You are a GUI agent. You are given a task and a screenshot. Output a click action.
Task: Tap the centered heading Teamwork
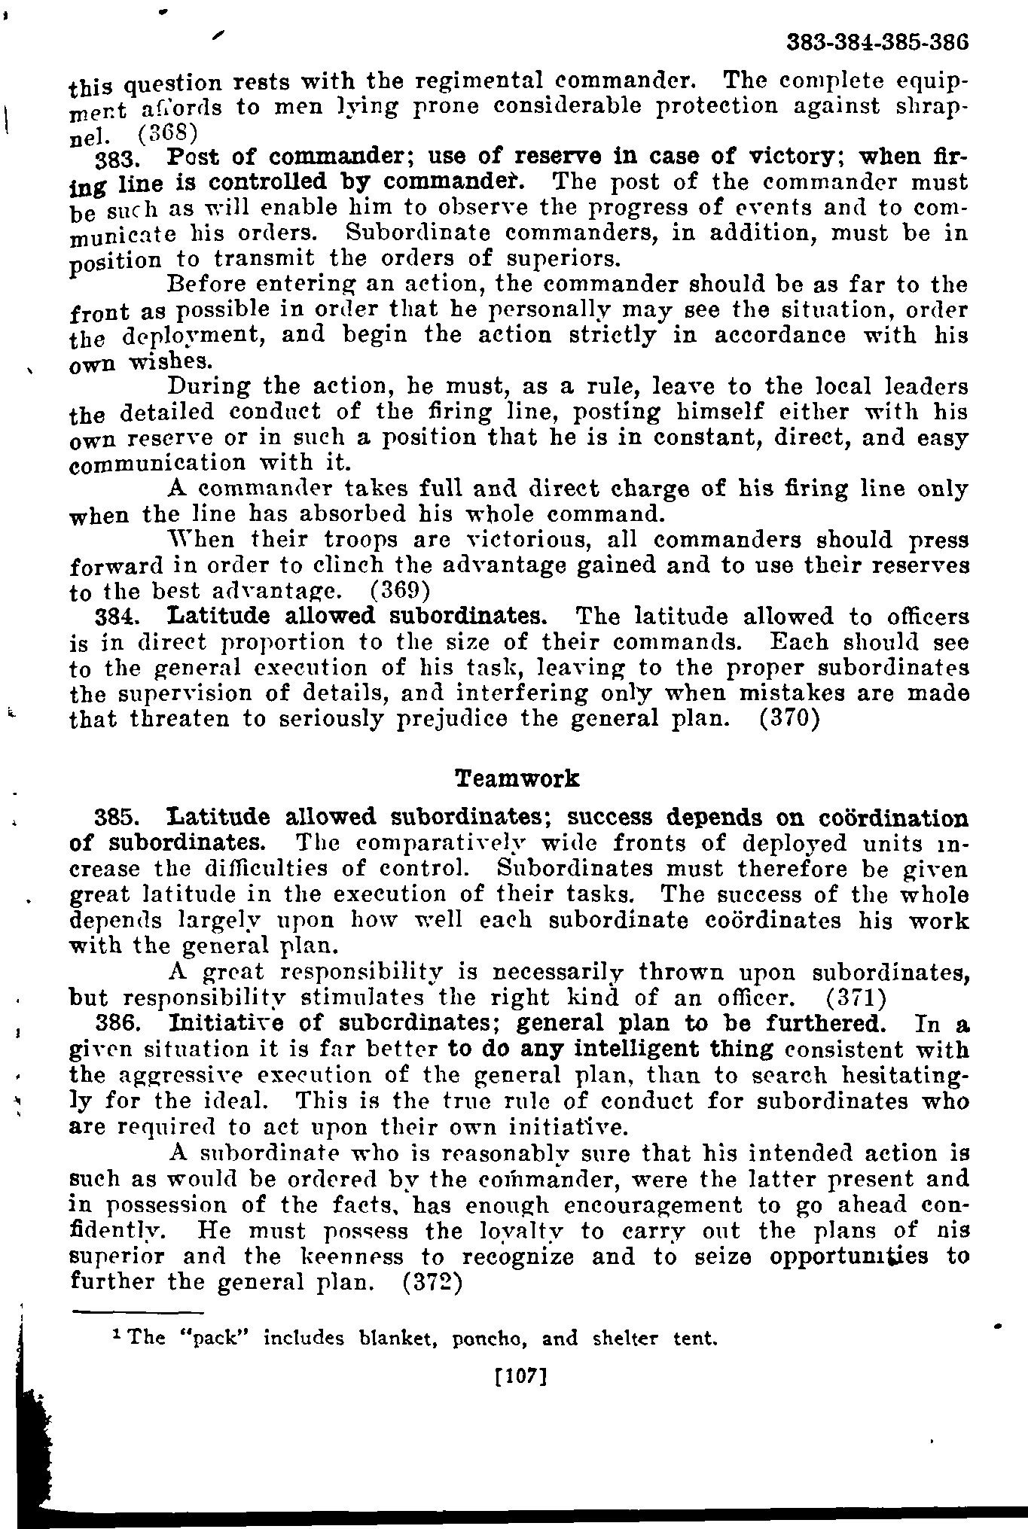pyautogui.click(x=517, y=778)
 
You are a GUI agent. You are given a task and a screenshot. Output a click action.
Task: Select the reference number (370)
pyautogui.click(x=788, y=719)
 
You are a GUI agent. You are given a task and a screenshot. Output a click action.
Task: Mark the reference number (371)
pyautogui.click(x=856, y=999)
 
